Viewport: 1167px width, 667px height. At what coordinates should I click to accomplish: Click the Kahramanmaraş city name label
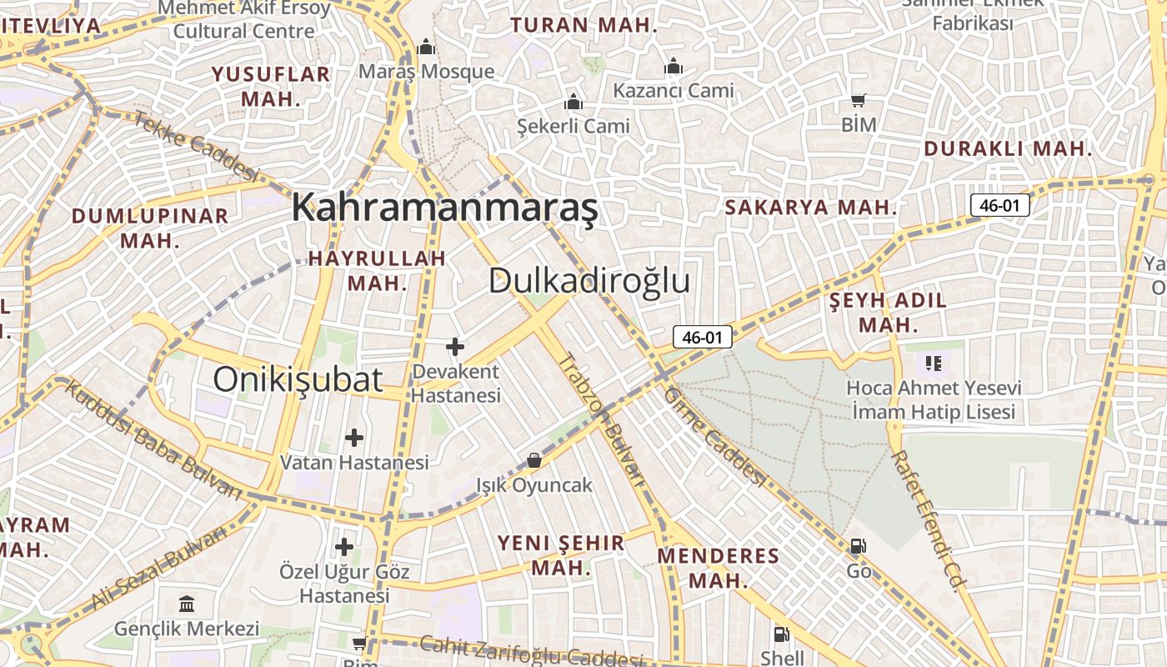444,208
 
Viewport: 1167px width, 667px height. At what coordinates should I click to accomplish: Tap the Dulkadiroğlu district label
589,281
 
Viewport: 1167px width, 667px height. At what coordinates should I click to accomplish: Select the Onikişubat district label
298,379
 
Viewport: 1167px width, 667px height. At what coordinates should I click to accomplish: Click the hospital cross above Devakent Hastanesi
454,346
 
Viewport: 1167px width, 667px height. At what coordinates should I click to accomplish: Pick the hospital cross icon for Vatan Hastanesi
354,437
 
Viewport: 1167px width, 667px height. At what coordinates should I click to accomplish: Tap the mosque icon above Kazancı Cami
673,66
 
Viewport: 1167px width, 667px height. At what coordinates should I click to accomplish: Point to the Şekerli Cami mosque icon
573,102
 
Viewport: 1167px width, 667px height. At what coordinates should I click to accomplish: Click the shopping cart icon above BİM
858,100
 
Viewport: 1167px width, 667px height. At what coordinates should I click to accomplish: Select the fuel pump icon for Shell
781,634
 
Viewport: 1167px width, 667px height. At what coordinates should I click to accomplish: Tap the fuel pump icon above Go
858,546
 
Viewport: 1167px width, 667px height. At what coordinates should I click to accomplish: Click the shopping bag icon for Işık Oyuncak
533,459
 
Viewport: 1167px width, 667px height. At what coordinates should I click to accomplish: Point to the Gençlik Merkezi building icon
187,603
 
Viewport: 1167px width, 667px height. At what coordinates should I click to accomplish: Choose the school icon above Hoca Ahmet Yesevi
933,363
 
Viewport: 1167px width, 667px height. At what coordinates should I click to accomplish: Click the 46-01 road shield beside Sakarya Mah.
999,205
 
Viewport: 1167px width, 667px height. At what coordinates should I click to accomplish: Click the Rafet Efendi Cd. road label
925,521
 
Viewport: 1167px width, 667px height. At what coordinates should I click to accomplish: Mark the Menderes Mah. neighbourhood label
718,568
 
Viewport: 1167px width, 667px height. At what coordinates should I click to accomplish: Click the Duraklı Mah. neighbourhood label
1008,149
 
